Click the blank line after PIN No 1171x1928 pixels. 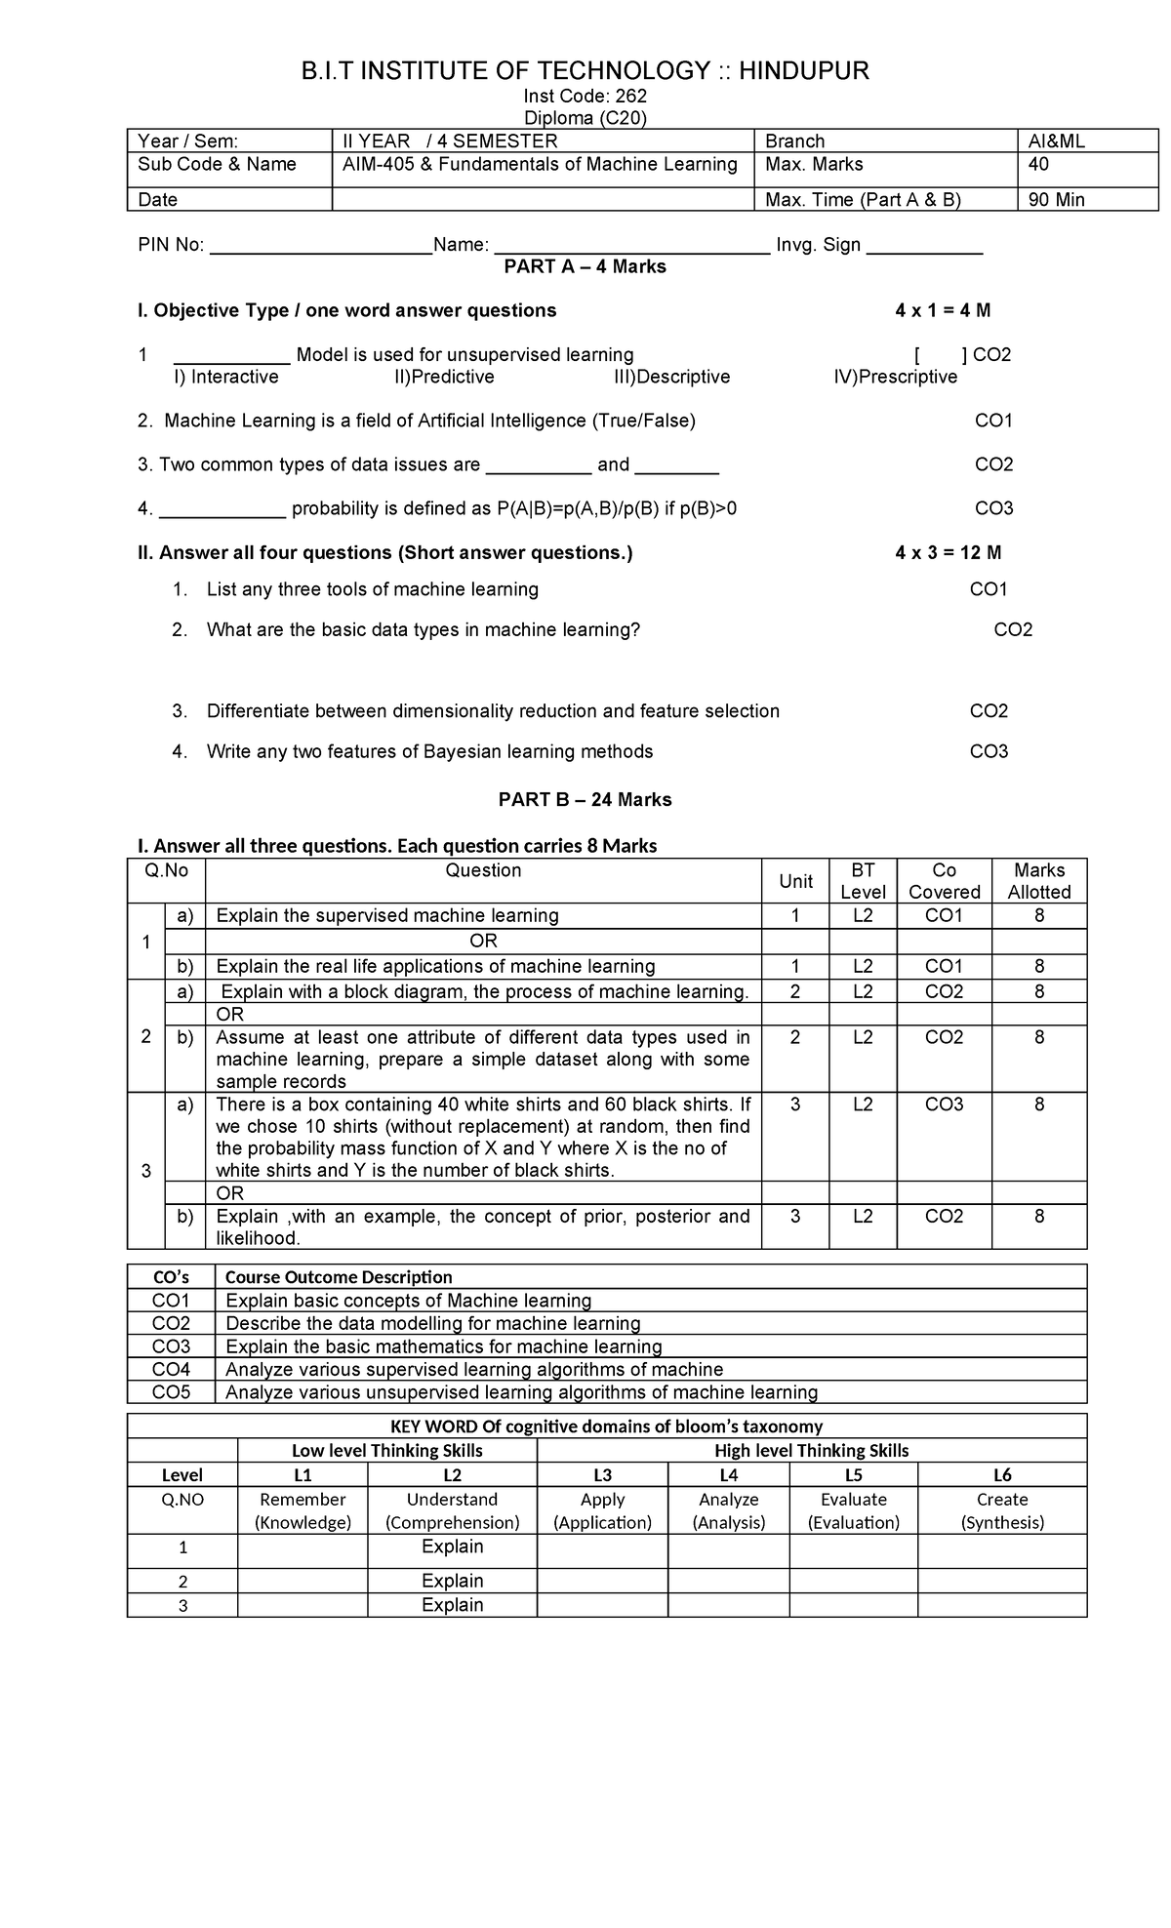(x=320, y=246)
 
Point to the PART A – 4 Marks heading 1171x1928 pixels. (x=585, y=266)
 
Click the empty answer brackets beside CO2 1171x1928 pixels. (x=936, y=355)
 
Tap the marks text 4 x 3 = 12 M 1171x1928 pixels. (x=948, y=553)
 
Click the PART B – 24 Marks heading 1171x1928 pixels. (x=585, y=800)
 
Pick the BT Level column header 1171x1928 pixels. (x=863, y=881)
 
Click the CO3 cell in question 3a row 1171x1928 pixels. (x=944, y=1105)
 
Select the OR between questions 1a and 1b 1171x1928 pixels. (x=483, y=941)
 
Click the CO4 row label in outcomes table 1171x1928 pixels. (x=171, y=1369)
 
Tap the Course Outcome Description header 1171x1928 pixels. (x=339, y=1277)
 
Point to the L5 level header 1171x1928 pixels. (x=853, y=1475)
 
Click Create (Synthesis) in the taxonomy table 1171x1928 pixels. (x=1002, y=1510)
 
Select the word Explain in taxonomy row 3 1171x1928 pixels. (x=452, y=1605)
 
